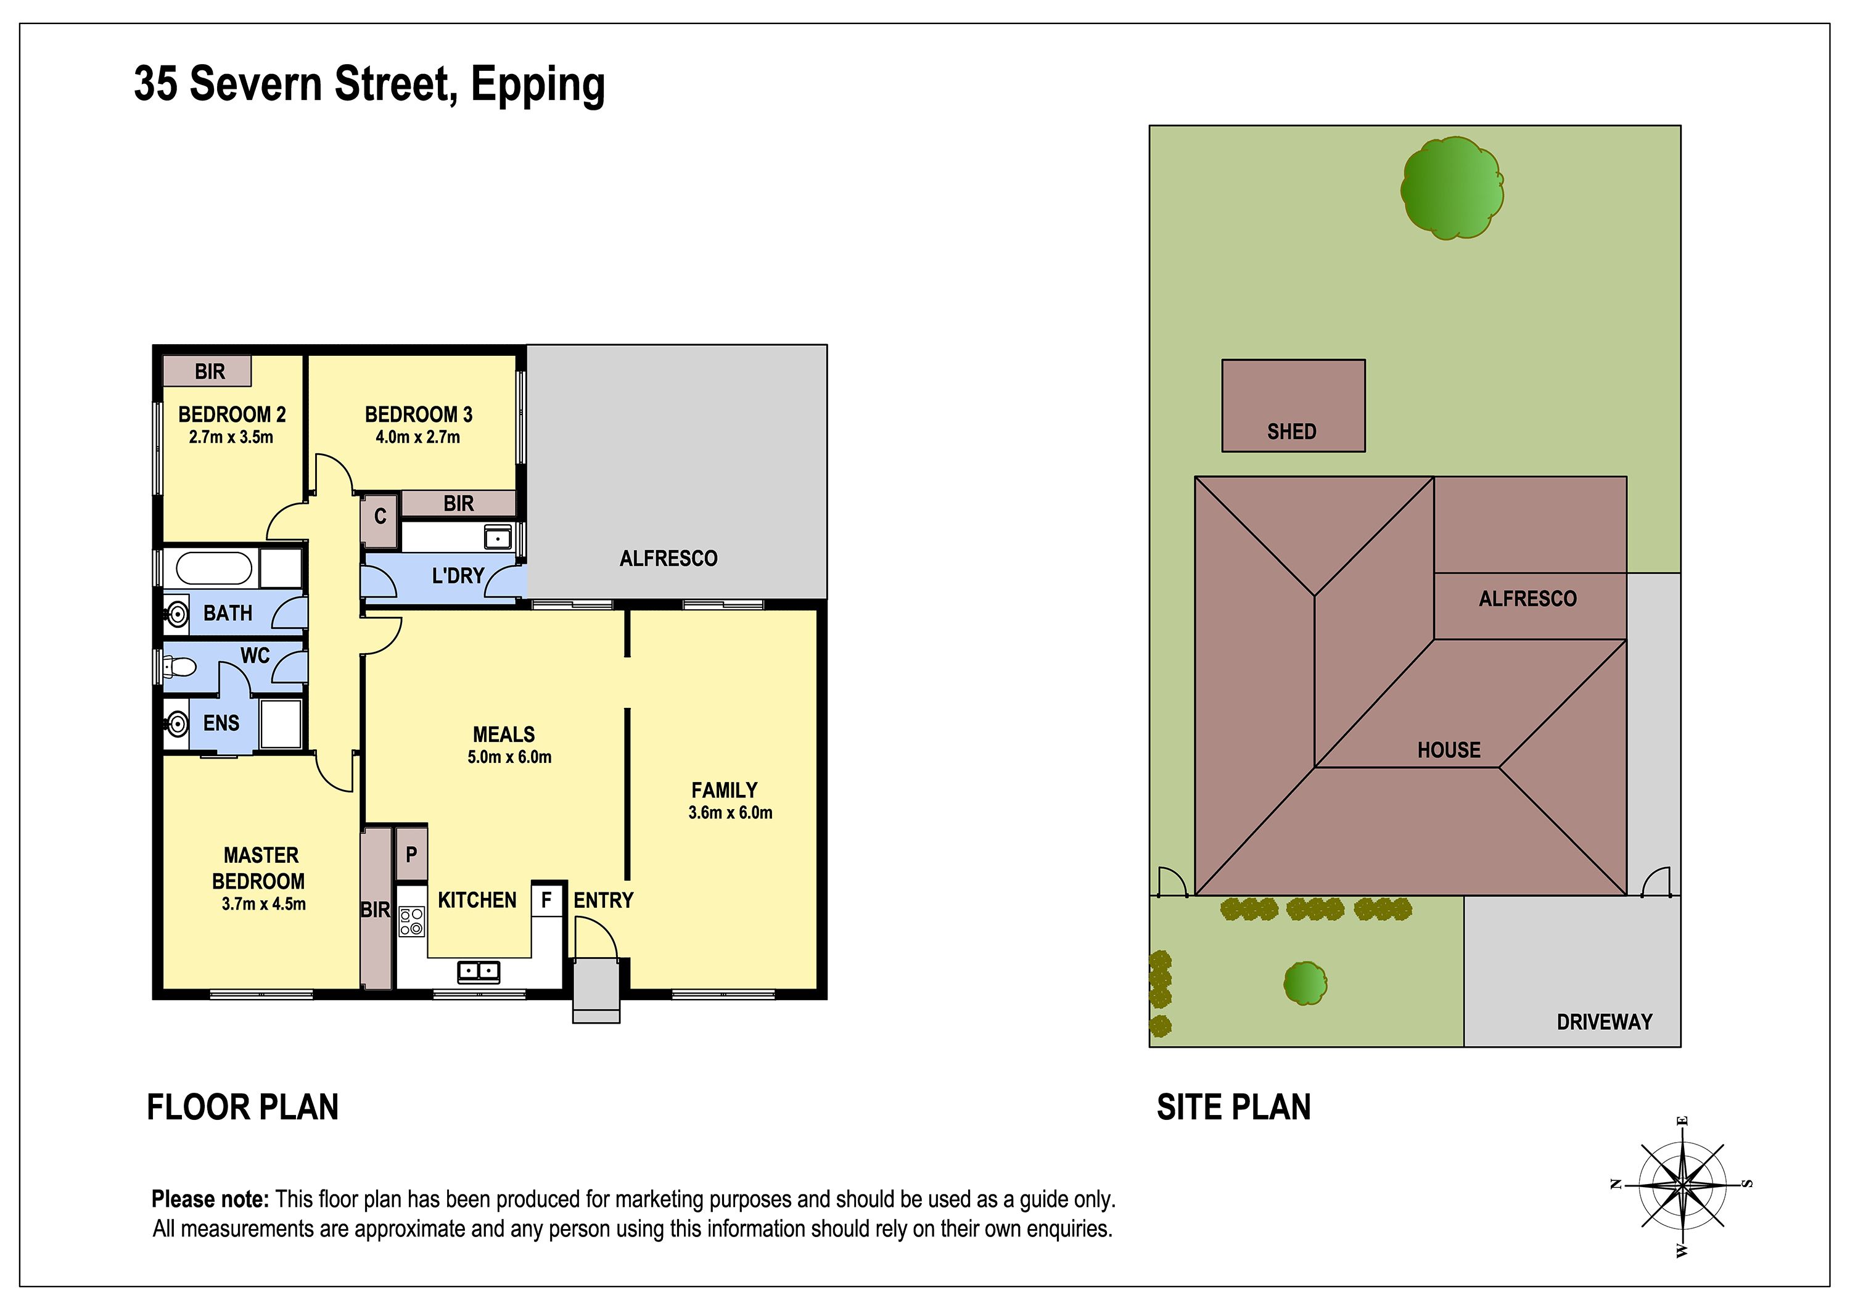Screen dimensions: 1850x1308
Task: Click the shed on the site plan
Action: tap(1293, 405)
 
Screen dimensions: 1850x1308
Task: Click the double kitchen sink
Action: tap(479, 972)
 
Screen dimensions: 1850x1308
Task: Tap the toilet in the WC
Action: tap(179, 667)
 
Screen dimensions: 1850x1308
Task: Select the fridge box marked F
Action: tap(546, 899)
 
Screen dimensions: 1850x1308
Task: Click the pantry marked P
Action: tap(411, 854)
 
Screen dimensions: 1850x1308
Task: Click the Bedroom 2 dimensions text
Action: tap(231, 438)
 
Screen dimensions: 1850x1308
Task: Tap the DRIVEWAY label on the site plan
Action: tap(1604, 1022)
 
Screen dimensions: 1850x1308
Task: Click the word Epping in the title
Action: tap(538, 86)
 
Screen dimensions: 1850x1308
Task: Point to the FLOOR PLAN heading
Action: tap(242, 1108)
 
